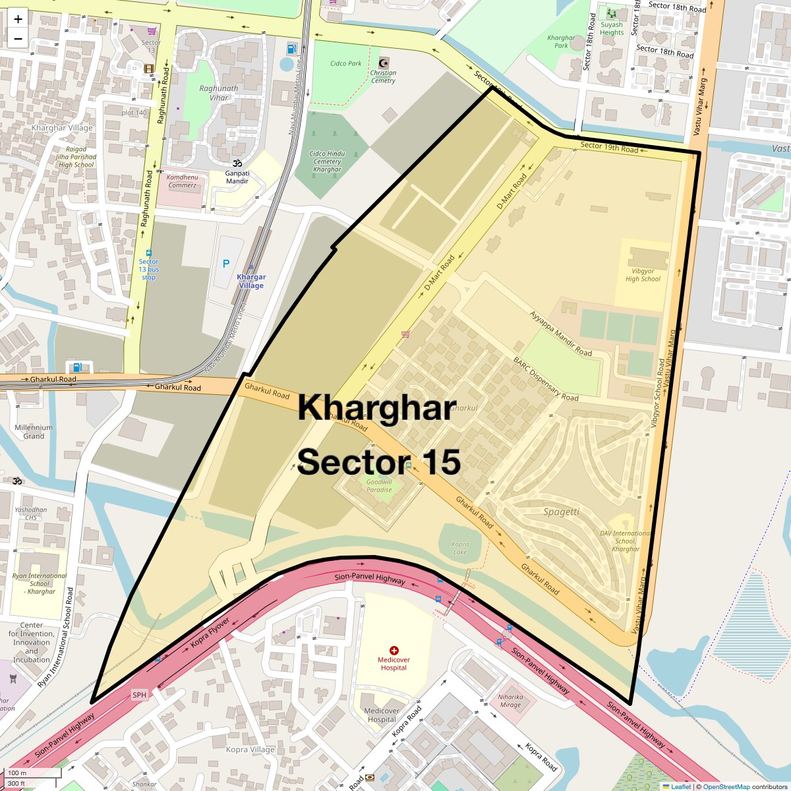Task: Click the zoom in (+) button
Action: point(18,19)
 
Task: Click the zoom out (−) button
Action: point(18,39)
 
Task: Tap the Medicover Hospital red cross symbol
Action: point(394,651)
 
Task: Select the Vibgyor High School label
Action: point(643,275)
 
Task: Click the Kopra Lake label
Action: point(460,548)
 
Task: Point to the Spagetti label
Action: point(562,512)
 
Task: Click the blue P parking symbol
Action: point(226,264)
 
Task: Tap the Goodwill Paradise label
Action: point(379,486)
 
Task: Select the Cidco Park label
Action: point(346,64)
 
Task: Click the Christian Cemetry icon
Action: point(383,63)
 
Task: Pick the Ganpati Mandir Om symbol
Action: point(237,163)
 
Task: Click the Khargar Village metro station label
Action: point(250,281)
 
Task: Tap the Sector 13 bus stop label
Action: point(149,270)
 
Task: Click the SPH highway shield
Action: point(139,695)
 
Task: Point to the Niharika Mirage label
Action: point(510,701)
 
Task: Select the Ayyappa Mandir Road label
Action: point(561,334)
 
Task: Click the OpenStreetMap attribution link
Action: point(726,786)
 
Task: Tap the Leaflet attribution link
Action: point(680,786)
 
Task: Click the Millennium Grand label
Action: point(34,432)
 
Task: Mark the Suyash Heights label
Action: point(612,28)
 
